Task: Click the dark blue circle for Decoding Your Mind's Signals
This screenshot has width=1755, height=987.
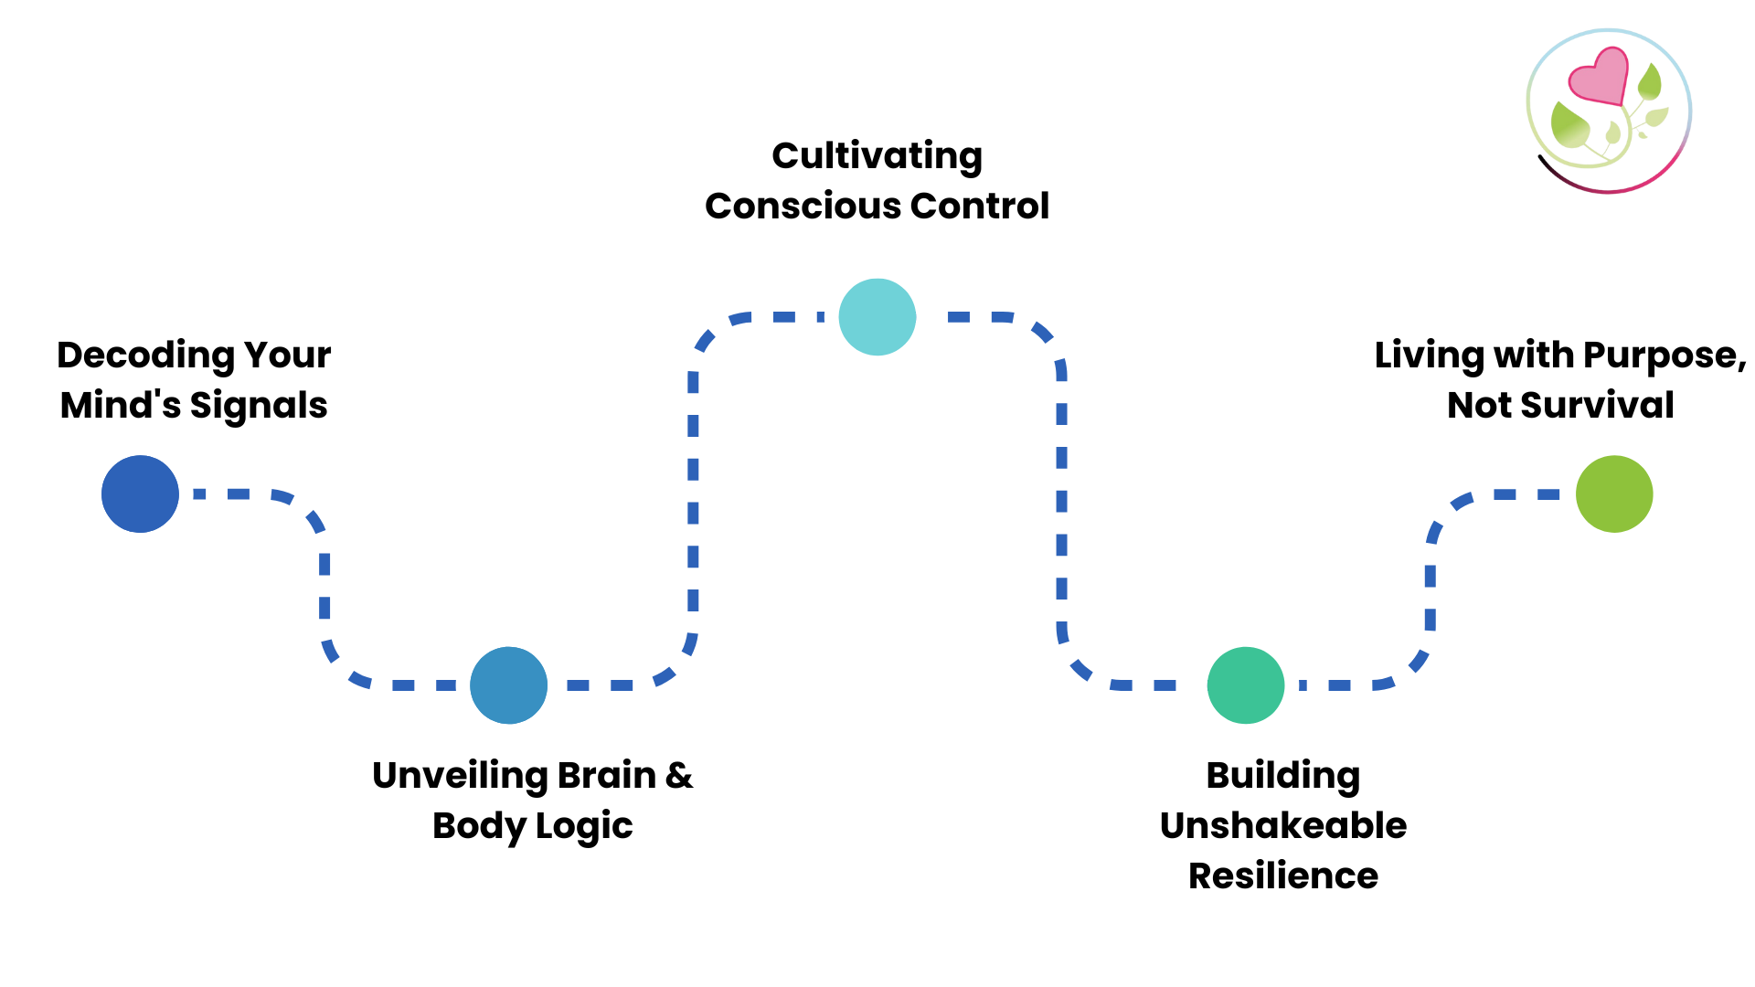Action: pyautogui.click(x=140, y=493)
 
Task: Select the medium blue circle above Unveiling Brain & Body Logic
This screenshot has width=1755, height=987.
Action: pyautogui.click(x=508, y=685)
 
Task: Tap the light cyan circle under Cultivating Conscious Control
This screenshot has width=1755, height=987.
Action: pyautogui.click(x=877, y=317)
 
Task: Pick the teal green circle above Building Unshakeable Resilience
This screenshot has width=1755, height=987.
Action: pyautogui.click(x=1246, y=685)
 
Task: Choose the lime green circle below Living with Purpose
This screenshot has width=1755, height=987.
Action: pyautogui.click(x=1614, y=493)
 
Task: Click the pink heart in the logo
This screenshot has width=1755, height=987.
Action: pyautogui.click(x=1600, y=76)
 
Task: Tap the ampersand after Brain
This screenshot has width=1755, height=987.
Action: pyautogui.click(x=679, y=776)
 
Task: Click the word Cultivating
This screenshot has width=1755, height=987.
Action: pyautogui.click(x=877, y=156)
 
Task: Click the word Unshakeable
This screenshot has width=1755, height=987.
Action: pyautogui.click(x=1283, y=826)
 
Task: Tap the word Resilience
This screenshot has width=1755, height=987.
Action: pyautogui.click(x=1283, y=876)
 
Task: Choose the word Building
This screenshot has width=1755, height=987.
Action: pyautogui.click(x=1283, y=776)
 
